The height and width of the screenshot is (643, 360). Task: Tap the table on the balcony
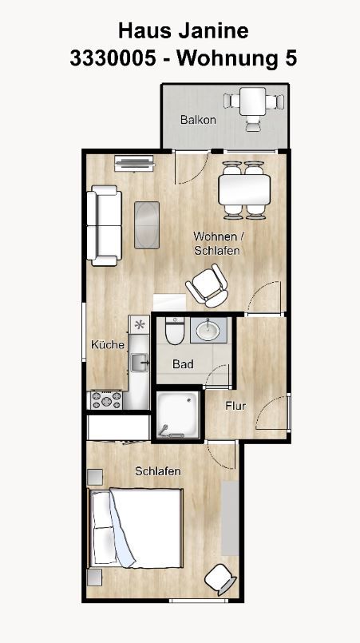point(252,101)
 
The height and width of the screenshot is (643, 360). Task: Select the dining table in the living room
point(244,190)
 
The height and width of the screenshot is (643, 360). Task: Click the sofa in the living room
point(104,225)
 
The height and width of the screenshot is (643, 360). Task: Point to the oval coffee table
point(147,224)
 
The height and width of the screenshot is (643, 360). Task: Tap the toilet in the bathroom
point(175,331)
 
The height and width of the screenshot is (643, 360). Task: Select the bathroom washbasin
point(208,330)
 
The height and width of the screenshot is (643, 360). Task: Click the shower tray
point(178,415)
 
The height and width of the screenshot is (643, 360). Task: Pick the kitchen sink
point(140,363)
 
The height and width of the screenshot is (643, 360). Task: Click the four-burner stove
point(106,400)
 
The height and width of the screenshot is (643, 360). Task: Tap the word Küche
point(108,345)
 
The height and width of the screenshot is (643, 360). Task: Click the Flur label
point(235,406)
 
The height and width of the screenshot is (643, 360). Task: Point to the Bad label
point(183,364)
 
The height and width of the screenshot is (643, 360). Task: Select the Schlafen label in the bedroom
point(158,471)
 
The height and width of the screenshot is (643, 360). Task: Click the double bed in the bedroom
point(136,528)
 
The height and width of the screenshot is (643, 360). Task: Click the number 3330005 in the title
point(113,58)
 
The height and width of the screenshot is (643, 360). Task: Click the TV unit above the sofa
point(134,163)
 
